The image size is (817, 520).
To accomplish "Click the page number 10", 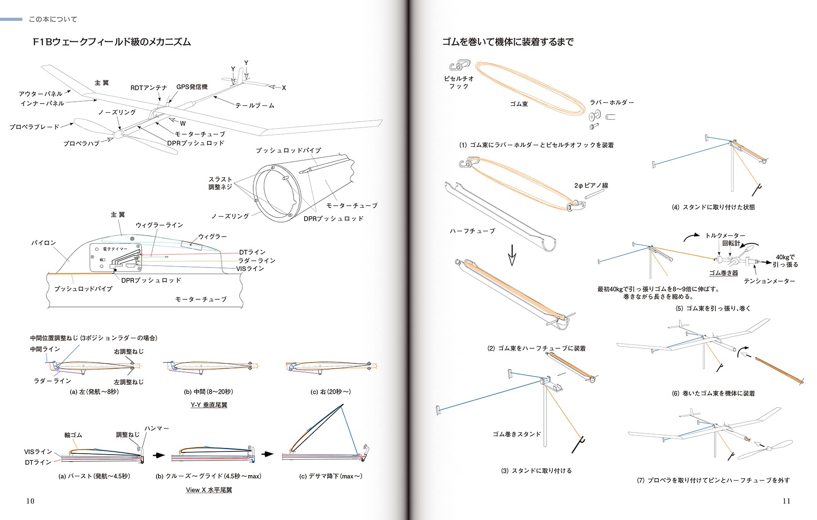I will (x=30, y=501).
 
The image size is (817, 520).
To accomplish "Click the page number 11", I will (x=787, y=501).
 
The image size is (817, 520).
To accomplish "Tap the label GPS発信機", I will (x=192, y=87).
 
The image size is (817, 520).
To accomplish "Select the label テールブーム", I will (x=255, y=105).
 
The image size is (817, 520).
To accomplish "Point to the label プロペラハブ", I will (x=81, y=144).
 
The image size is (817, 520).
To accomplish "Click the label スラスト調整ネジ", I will (x=220, y=183).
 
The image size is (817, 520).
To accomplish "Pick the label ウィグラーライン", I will (x=159, y=225).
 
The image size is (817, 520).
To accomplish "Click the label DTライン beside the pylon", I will (x=252, y=252).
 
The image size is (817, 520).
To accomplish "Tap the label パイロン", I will (x=44, y=243).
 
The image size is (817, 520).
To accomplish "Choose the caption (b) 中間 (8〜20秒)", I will (x=208, y=391).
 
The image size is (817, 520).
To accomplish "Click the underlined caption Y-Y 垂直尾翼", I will (x=209, y=405).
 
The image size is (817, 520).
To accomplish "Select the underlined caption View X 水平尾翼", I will (x=209, y=490).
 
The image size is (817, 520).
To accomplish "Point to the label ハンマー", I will (x=157, y=428).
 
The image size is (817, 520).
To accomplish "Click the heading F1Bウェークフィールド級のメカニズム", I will (x=112, y=42).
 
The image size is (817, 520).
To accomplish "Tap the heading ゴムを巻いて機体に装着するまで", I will (x=508, y=42).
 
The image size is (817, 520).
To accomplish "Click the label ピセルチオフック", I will (x=459, y=82).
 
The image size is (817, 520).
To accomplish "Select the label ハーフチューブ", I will (x=472, y=231).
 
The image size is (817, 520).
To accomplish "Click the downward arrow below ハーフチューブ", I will (x=512, y=256).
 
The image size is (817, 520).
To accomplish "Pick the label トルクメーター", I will (x=725, y=236).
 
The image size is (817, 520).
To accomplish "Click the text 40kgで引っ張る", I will (x=785, y=261).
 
